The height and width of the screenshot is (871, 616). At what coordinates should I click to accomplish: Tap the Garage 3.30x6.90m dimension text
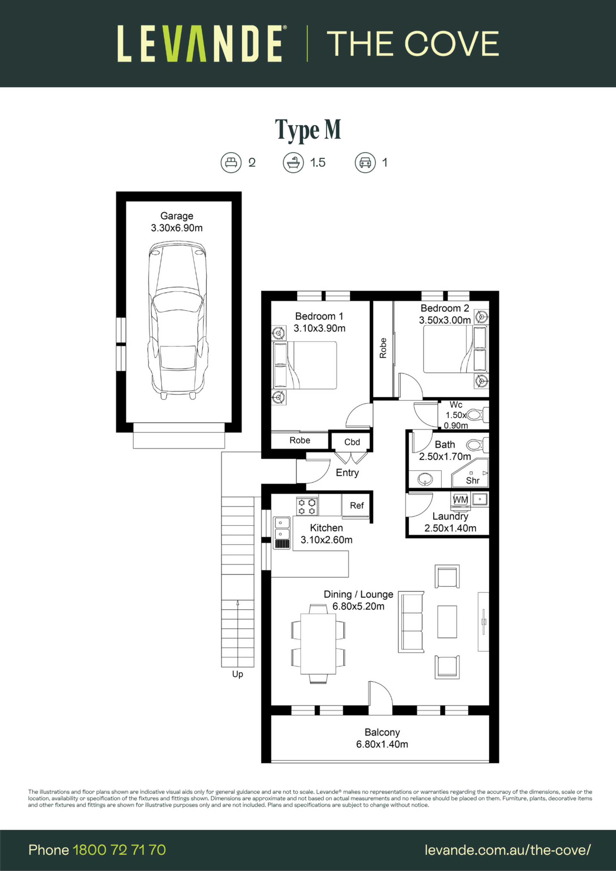point(177,228)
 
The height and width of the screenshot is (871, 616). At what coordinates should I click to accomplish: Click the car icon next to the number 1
point(365,163)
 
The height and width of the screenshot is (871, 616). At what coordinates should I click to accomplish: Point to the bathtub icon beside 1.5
point(293,163)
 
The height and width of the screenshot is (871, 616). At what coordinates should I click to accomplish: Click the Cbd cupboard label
point(352,442)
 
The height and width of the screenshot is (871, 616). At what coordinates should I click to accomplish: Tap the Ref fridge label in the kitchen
point(357,505)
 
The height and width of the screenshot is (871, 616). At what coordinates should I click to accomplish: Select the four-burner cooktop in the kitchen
point(307,506)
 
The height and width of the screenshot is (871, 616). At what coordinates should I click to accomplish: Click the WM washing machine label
point(460,500)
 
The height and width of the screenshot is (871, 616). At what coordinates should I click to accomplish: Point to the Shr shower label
point(473,481)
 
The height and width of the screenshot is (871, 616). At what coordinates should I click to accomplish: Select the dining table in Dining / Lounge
point(318,643)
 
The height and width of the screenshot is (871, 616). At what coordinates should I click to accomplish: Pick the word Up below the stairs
point(238,674)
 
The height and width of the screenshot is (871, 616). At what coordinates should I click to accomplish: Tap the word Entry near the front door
point(347,473)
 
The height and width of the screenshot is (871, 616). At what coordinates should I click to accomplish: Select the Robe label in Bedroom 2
point(383,348)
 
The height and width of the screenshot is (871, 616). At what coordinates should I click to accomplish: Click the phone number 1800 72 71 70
point(119,850)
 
